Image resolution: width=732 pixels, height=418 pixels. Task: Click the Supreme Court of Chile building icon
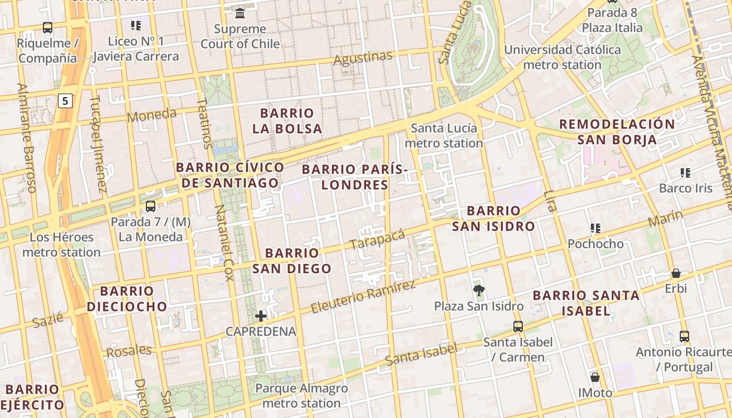point(240,13)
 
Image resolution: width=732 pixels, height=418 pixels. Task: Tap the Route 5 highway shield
point(65,100)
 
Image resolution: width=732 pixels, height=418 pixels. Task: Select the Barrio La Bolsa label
point(287,121)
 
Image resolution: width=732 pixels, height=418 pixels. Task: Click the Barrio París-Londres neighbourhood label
point(354,177)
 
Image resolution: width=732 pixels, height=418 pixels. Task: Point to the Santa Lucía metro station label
point(444,135)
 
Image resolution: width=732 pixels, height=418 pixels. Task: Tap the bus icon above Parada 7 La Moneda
point(151,206)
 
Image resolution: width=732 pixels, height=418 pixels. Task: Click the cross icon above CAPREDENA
point(261,316)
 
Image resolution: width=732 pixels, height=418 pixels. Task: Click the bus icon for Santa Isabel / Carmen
point(518,327)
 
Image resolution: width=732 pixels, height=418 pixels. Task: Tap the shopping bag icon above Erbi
point(676,273)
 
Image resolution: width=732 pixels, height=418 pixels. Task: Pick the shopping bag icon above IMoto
point(594,377)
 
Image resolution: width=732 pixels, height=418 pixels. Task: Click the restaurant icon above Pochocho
point(595,228)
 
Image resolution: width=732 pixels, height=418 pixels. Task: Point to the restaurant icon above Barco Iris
point(685,172)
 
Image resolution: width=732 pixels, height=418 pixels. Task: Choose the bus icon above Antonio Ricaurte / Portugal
point(684,336)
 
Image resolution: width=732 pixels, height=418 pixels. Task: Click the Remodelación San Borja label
point(617,132)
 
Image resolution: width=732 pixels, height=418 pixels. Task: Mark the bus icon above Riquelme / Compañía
point(48,27)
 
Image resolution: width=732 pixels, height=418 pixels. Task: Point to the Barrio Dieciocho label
point(127,298)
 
